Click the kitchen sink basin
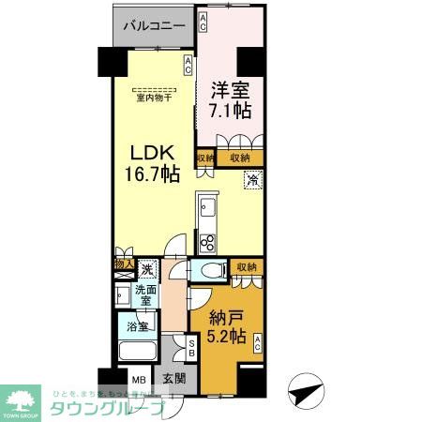[x=208, y=206]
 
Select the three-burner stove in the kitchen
[x=208, y=244]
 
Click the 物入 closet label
[x=122, y=266]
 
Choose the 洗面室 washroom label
[x=144, y=297]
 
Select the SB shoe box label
[x=190, y=348]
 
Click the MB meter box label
[x=138, y=381]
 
